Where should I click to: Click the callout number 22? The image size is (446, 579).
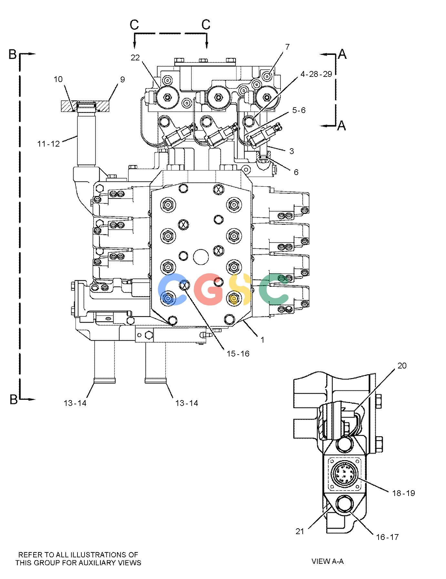coord(135,57)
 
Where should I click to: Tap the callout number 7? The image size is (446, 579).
coord(287,47)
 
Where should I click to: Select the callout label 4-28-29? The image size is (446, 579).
coord(316,74)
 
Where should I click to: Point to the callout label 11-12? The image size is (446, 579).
coord(49,144)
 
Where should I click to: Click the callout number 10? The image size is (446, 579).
coord(58,79)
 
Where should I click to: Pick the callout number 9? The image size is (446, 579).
coord(122,79)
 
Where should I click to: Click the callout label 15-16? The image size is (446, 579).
coord(238,354)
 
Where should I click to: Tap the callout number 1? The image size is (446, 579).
coord(263,340)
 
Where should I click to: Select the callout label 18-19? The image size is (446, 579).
coord(403,493)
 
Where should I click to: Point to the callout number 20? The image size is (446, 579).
coord(402,366)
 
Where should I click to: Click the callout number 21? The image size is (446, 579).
coord(300,531)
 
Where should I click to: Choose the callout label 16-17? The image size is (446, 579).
coord(387,537)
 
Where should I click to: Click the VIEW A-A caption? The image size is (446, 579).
coord(328,561)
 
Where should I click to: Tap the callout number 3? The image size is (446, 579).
coord(291,151)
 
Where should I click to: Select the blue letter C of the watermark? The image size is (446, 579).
coord(170,289)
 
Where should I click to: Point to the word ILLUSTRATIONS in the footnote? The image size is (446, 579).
coord(101,555)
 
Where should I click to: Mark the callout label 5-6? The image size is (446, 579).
coord(299,110)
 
